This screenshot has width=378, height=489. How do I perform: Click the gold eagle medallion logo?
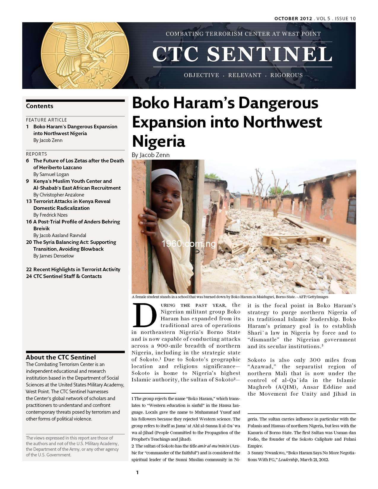(x=85, y=55)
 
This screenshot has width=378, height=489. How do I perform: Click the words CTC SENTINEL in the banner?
(x=242, y=54)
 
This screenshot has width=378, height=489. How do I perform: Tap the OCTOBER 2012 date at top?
(x=293, y=18)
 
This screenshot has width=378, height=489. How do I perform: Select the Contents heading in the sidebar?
(x=39, y=106)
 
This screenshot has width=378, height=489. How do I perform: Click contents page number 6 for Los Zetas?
(x=28, y=161)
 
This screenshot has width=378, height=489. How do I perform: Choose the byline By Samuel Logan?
(x=51, y=174)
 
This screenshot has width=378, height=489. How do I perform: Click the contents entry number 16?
(x=29, y=222)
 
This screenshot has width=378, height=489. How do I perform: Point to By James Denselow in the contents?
(x=53, y=256)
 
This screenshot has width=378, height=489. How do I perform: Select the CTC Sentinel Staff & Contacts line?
(x=67, y=276)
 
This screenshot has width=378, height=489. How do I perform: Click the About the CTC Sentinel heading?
(x=61, y=357)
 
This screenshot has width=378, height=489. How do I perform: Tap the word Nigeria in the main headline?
(x=158, y=141)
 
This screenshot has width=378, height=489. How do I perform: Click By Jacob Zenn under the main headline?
(x=151, y=155)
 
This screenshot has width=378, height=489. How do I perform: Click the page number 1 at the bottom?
(x=137, y=472)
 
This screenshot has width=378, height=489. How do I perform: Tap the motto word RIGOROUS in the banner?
(x=286, y=75)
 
